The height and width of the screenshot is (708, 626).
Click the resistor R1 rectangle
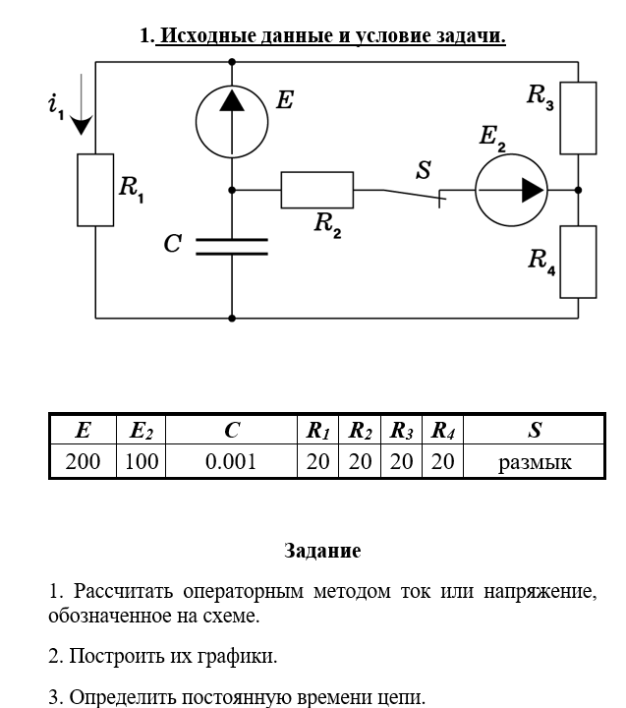click(95, 190)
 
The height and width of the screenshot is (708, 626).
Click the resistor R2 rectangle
click(316, 190)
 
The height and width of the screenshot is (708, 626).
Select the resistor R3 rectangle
click(578, 118)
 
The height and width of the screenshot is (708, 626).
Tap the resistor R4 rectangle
click(578, 262)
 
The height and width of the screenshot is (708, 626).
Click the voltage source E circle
click(232, 122)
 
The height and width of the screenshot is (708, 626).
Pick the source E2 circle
click(511, 190)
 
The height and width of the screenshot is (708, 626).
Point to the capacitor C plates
click(232, 246)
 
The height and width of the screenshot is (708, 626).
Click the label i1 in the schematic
click(55, 106)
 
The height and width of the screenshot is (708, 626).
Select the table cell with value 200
click(83, 461)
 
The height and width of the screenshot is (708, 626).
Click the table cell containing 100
click(142, 461)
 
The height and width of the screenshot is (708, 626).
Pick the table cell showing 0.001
click(231, 461)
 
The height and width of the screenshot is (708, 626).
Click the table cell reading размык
click(534, 461)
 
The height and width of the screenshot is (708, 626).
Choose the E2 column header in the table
click(142, 431)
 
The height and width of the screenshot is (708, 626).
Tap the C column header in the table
click(231, 431)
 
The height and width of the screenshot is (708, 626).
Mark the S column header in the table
click(534, 431)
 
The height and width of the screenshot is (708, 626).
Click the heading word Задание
click(322, 551)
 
